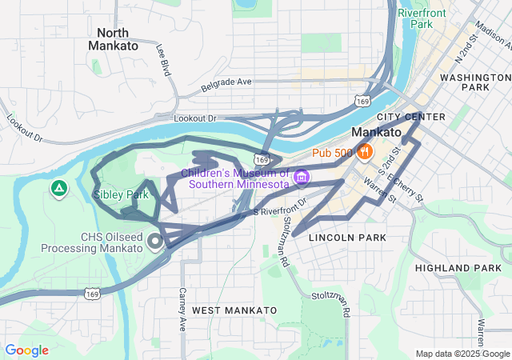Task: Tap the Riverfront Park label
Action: pyautogui.click(x=415, y=18)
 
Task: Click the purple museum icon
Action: pyautogui.click(x=301, y=176)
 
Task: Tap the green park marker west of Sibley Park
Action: pyautogui.click(x=58, y=189)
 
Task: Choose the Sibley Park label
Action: pyautogui.click(x=121, y=194)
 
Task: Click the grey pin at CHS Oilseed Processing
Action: pyautogui.click(x=154, y=241)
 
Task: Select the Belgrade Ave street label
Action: pyautogui.click(x=226, y=82)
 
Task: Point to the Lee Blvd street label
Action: pyautogui.click(x=163, y=60)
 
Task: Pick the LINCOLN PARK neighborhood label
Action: pyautogui.click(x=347, y=238)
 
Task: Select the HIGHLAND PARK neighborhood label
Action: pyautogui.click(x=458, y=268)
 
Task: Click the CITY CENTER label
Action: pyautogui.click(x=414, y=117)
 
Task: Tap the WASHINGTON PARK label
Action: pyautogui.click(x=475, y=82)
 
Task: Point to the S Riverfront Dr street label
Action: pyautogui.click(x=280, y=207)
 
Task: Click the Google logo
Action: pyautogui.click(x=26, y=350)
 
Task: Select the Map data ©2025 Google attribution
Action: pyautogui.click(x=462, y=354)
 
